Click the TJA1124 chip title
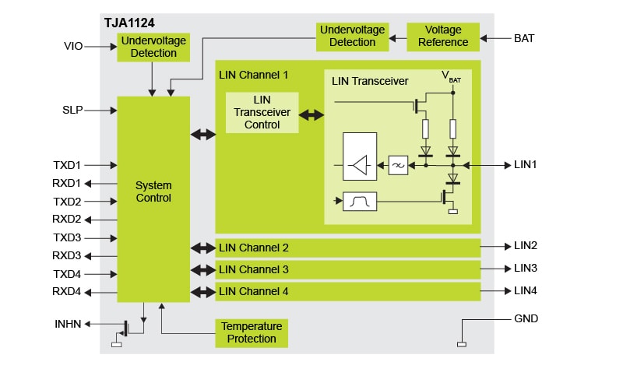(x=129, y=23)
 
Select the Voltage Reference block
(x=443, y=37)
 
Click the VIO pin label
(x=73, y=47)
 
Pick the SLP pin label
(x=73, y=111)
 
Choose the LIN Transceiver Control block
(x=262, y=113)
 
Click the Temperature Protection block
(x=252, y=332)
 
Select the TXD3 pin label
(x=67, y=237)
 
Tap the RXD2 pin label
(x=67, y=220)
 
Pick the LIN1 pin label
(x=526, y=165)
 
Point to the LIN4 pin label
(x=526, y=291)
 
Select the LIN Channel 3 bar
(x=347, y=269)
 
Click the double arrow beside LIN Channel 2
(x=202, y=248)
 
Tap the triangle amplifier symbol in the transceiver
(x=360, y=165)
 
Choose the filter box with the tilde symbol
(x=398, y=165)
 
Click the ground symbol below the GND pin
(x=461, y=343)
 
